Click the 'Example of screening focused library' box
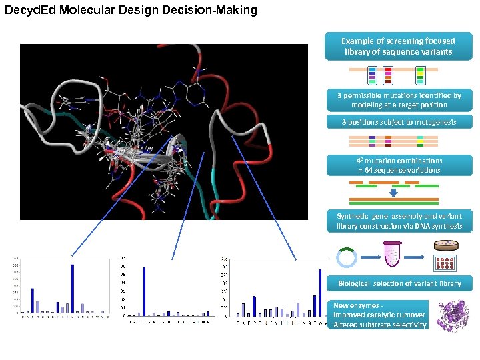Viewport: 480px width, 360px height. coord(398,46)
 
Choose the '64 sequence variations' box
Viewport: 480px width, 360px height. coord(398,165)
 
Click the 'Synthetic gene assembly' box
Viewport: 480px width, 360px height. coord(398,221)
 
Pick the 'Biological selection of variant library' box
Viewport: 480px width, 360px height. coord(398,283)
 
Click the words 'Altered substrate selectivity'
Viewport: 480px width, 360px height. coord(380,325)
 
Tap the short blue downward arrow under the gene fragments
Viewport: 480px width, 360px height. coord(393,192)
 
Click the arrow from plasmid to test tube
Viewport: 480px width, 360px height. coord(368,257)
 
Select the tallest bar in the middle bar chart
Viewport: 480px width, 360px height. coord(144,291)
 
